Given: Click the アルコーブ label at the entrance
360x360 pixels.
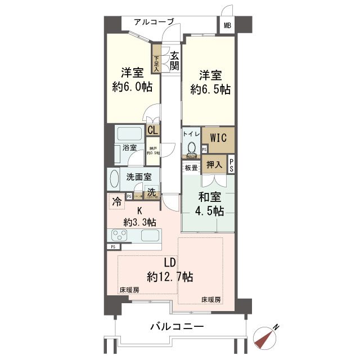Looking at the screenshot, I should coord(154,22).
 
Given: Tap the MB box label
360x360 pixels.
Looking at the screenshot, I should coord(227,25).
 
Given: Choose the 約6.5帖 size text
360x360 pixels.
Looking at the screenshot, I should coord(210,89).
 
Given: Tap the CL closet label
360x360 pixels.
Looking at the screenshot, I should coord(152,130).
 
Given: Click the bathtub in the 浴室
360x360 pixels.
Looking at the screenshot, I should coord(130,135).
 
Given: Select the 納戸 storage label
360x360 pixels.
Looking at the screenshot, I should coord(153,150).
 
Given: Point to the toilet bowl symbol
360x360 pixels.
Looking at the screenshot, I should coord(191,147).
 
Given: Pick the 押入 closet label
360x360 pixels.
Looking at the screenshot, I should coord(214,164).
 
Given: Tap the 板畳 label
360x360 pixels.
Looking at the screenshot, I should coord(190,168).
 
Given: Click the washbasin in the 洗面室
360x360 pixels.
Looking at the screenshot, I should coord(114,181).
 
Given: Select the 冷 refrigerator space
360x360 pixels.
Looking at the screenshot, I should coord(116,200).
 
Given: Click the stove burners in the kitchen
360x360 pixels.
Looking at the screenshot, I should coord(119,235).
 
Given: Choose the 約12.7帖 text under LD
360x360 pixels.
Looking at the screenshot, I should coord(170,276).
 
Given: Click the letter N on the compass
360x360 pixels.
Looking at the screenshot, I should coord(276,328).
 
